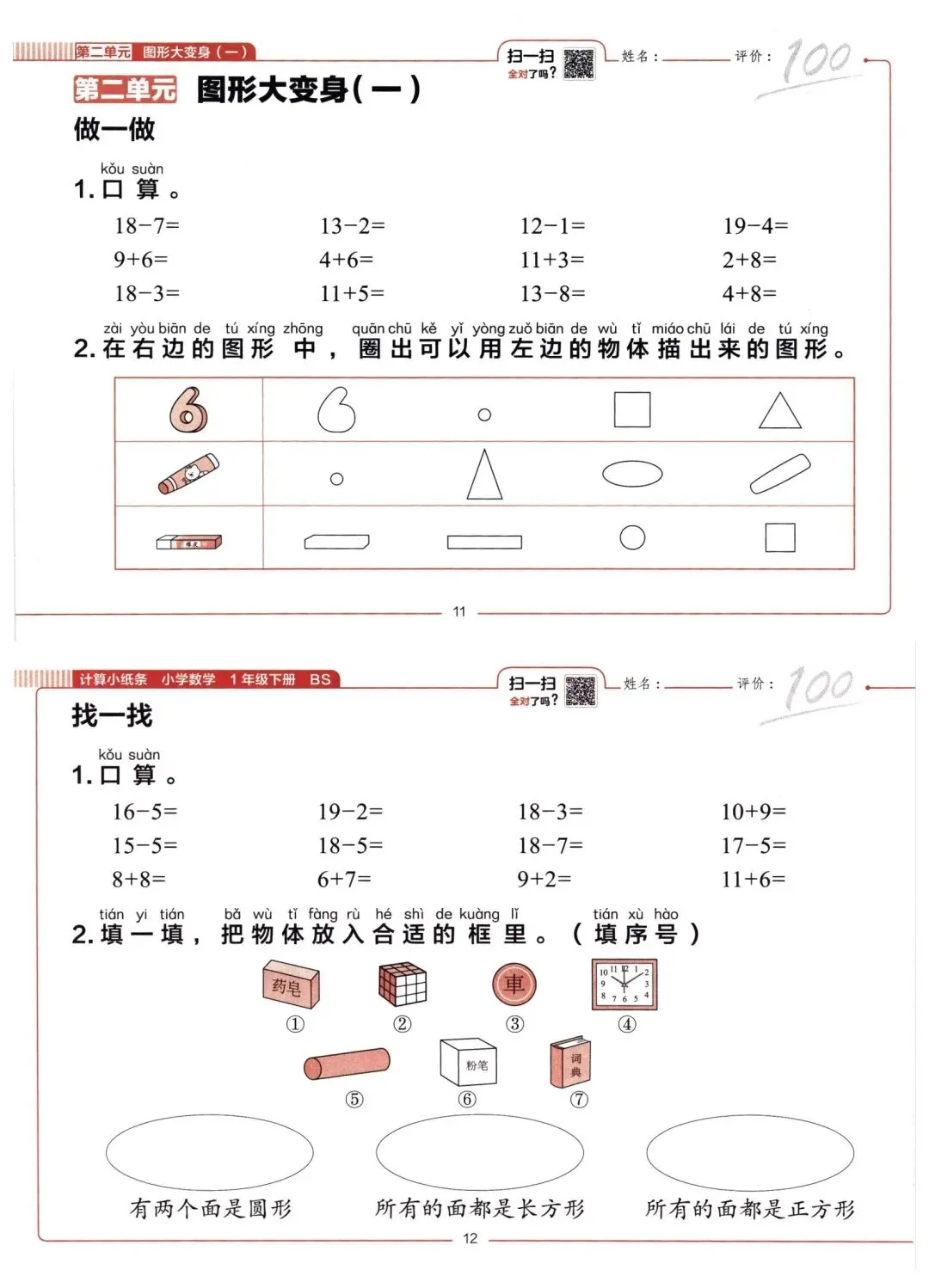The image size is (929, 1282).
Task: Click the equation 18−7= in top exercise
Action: (x=147, y=226)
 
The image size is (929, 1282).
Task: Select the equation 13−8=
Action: (x=552, y=293)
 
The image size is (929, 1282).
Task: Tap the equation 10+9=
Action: (x=754, y=812)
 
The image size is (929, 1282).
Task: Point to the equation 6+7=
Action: (x=344, y=879)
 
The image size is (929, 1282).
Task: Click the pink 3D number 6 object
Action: (x=188, y=409)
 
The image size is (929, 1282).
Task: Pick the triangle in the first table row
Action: (x=780, y=411)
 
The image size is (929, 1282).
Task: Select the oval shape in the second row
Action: (x=632, y=474)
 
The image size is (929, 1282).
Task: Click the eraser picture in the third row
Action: (x=189, y=542)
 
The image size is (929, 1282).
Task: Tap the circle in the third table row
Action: (x=632, y=537)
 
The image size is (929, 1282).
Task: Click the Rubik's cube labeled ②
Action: (x=403, y=984)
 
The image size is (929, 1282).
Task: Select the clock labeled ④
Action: (x=624, y=985)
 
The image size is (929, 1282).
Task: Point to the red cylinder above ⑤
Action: (x=347, y=1064)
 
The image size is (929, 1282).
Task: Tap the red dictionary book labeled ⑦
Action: (x=570, y=1063)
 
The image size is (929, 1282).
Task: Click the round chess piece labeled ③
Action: (x=514, y=985)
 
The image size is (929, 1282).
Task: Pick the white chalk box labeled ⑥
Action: (x=468, y=1063)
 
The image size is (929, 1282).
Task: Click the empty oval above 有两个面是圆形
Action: (x=209, y=1152)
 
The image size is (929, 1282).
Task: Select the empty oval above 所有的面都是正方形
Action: (x=750, y=1152)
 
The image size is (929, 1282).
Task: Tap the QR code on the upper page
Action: (x=579, y=64)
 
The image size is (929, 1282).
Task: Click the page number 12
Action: (x=470, y=1238)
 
